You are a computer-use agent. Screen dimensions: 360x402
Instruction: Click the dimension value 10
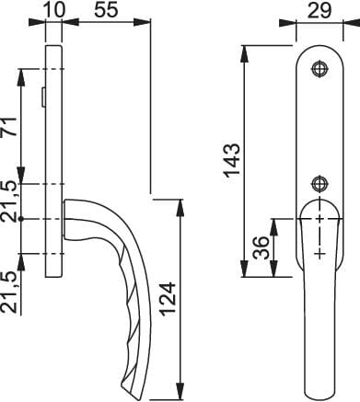pos(55,9)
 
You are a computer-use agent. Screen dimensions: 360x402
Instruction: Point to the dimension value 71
pos(10,127)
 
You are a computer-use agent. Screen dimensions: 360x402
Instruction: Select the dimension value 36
pos(261,247)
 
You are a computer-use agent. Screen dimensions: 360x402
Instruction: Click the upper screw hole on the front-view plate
pos(319,68)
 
